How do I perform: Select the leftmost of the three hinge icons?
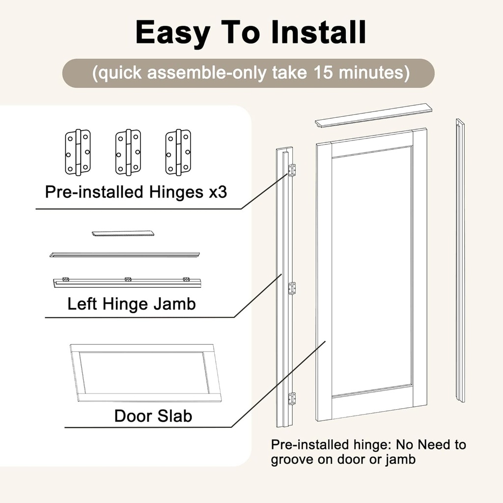(78, 152)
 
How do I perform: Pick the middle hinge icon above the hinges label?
(128, 152)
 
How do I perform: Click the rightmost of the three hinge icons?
(178, 152)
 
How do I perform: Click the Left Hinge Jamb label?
(131, 304)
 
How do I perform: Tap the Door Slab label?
(153, 416)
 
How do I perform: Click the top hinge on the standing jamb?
(292, 170)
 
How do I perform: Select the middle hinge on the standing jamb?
(292, 288)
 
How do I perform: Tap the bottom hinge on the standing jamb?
(292, 398)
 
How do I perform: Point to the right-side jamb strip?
(460, 260)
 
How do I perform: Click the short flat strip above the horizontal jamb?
(123, 233)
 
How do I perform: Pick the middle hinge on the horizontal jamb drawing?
(128, 279)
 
